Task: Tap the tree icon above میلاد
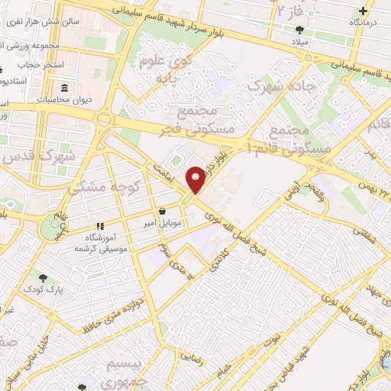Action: pyautogui.click(x=298, y=30)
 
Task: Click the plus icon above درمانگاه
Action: pyautogui.click(x=364, y=11)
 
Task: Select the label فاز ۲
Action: pyautogui.click(x=286, y=11)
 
